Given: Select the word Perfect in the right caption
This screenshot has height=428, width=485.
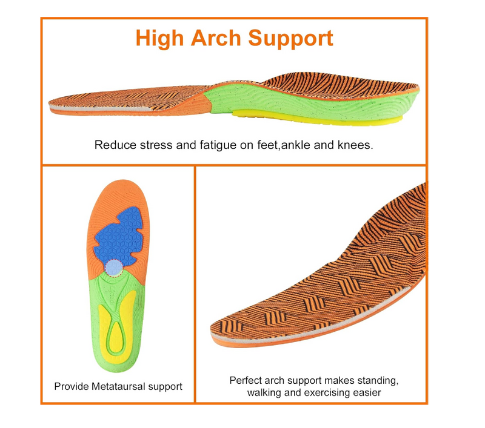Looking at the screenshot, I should click(246, 380).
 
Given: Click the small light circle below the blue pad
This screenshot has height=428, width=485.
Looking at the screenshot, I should click(113, 266).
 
